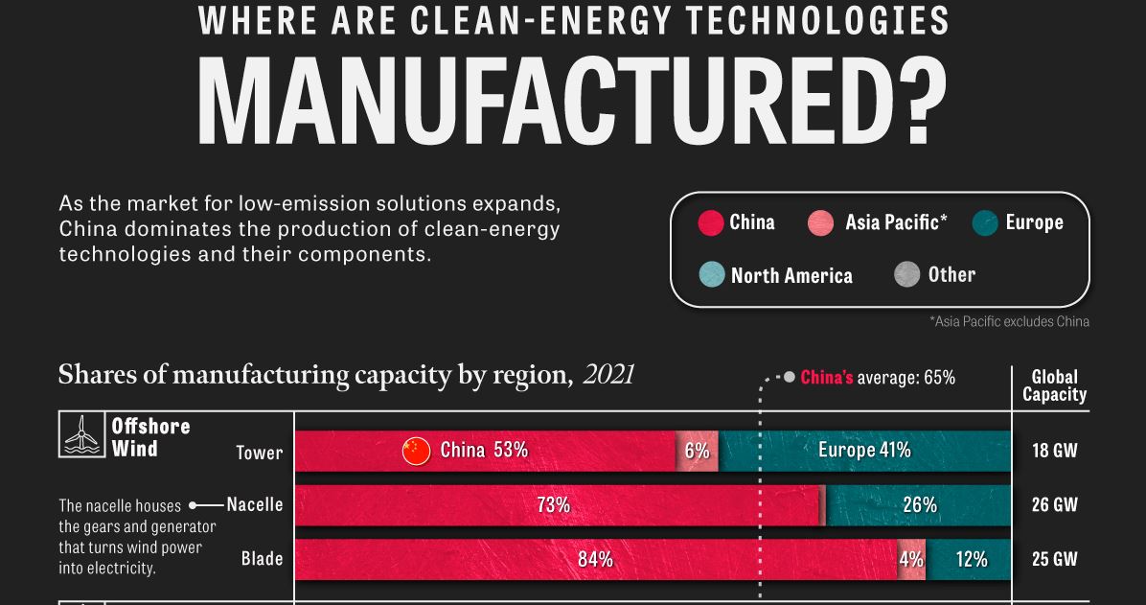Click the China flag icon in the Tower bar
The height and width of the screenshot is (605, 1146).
tap(417, 451)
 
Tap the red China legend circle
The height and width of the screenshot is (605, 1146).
tap(710, 222)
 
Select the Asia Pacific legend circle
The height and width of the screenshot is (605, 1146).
tap(821, 223)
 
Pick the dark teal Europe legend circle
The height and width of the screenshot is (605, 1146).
tap(985, 223)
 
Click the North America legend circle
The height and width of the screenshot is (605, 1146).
tap(711, 275)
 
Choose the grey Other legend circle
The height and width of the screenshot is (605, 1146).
tap(906, 275)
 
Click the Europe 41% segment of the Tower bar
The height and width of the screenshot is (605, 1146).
tap(864, 451)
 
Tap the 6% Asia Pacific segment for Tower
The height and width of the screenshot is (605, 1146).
tap(697, 451)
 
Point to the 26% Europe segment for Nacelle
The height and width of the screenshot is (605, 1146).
tap(918, 504)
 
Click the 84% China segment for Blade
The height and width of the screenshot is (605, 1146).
tap(595, 559)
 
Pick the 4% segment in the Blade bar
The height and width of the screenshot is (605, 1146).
tap(911, 559)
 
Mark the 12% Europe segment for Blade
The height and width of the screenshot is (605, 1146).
tap(970, 559)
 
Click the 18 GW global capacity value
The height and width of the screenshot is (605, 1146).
tap(1055, 451)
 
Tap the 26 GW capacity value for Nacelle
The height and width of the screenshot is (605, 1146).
tap(1055, 504)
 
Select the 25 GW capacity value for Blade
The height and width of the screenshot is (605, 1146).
tap(1055, 559)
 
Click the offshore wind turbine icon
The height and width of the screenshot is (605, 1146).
tap(81, 434)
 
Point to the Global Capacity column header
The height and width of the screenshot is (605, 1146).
tap(1054, 385)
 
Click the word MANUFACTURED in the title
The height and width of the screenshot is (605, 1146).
tap(572, 101)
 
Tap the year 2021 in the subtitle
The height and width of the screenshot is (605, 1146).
tap(608, 374)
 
